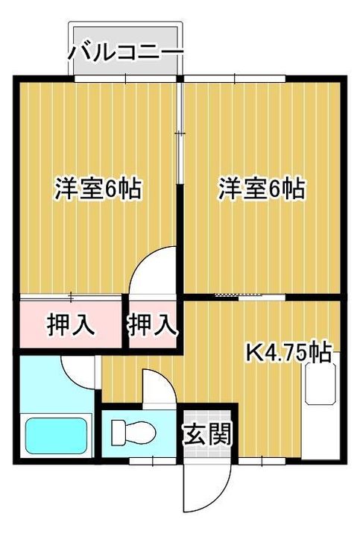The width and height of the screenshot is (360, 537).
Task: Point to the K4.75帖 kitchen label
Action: pyautogui.click(x=288, y=351)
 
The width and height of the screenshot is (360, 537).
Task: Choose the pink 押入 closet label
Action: pyautogui.click(x=71, y=324)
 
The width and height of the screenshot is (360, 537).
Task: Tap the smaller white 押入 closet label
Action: pyautogui.click(x=152, y=324)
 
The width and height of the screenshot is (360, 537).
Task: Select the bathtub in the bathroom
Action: pyautogui.click(x=57, y=436)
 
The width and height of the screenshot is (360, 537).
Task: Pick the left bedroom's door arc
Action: pyautogui.click(x=154, y=268)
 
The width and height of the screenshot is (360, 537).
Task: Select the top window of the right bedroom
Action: pyautogui.click(x=235, y=78)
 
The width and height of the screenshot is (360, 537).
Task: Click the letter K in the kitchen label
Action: pyautogui.click(x=253, y=351)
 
